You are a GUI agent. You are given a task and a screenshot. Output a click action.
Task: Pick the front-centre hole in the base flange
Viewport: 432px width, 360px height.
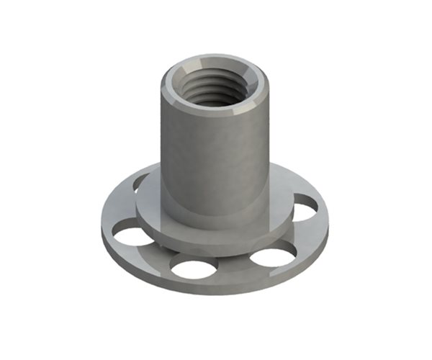(x=194, y=269)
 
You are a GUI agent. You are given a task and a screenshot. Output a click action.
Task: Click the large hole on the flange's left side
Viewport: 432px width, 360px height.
(x=132, y=233)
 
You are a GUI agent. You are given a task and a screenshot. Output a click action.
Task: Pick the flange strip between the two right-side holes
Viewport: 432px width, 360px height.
(x=295, y=234)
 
